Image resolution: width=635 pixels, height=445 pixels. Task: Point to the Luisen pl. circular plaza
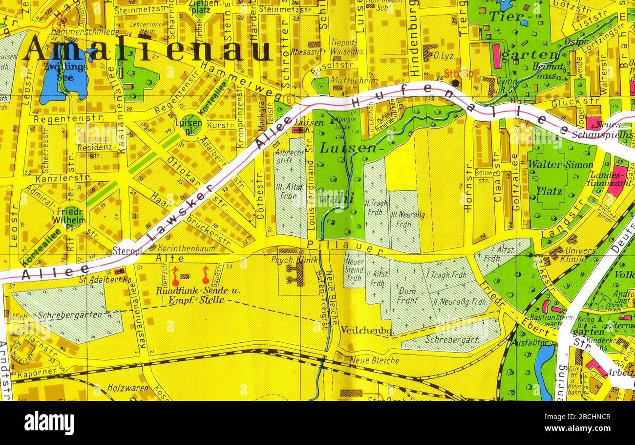(x=190, y=124)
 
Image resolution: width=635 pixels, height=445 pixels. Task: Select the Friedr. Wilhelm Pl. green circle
(x=73, y=216)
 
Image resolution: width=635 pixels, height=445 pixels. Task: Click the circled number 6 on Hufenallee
(x=290, y=99)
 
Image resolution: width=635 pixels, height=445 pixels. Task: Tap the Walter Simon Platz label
(x=560, y=177)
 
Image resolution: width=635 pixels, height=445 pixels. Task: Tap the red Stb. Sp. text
(x=459, y=74)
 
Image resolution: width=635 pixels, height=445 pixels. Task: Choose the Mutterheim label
(x=348, y=79)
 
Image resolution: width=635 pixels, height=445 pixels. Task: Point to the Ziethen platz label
(x=200, y=7)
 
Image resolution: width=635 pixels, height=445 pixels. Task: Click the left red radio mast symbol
(x=175, y=276)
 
